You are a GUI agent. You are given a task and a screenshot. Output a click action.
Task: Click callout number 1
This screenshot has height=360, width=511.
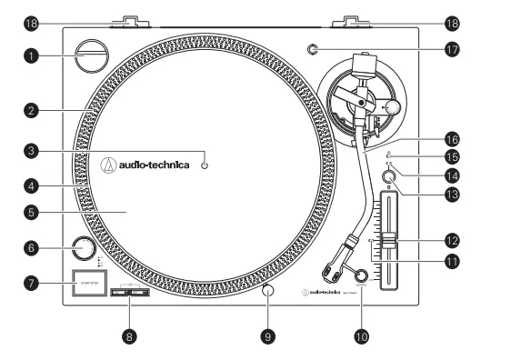pos(30,55)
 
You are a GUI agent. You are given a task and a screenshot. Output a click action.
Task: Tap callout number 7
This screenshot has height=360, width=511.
pos(31,283)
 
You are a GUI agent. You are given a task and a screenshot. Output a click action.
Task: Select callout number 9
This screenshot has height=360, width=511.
pos(268,335)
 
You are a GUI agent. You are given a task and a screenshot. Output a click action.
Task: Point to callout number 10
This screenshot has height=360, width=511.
pos(363,335)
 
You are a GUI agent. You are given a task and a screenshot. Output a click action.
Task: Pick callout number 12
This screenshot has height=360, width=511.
pos(451,241)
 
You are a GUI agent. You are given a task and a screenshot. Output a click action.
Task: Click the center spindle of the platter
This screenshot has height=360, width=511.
pos(205,165)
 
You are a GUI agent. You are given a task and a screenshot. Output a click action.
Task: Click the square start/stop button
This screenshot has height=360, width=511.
pos(89,278)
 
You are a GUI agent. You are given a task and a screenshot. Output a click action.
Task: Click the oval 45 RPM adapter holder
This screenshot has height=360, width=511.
pos(92,53)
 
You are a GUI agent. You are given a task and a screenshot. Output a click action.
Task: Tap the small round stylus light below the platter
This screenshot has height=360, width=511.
pos(268,291)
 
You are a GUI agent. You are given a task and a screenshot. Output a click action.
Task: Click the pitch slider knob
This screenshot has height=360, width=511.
pos(388,240)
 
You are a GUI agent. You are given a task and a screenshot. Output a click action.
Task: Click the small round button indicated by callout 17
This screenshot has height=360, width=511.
pos(313,50)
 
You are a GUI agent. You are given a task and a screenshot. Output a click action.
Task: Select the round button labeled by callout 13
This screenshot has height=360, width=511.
pos(389,177)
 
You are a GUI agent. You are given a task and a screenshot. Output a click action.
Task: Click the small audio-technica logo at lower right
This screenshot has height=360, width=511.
pos(323,292)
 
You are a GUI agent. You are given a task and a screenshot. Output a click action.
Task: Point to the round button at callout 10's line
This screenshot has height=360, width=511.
pos(361,275)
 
